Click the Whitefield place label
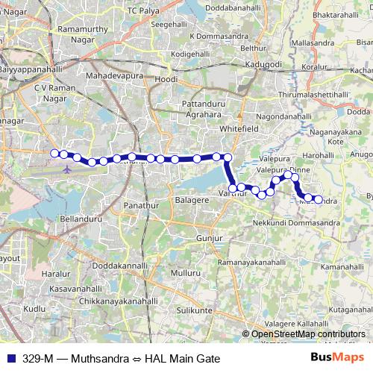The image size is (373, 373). (239, 128)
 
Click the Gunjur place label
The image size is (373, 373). (210, 237)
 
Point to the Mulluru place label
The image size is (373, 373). (186, 273)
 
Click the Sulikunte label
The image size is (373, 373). (196, 309)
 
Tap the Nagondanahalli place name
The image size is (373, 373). (287, 118)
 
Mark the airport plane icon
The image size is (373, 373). (67, 167)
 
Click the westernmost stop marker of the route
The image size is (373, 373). (54, 154)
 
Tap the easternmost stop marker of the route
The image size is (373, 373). (319, 199)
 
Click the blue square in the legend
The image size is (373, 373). (10, 357)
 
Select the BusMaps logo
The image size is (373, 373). (338, 357)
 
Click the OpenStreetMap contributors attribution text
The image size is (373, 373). (308, 334)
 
